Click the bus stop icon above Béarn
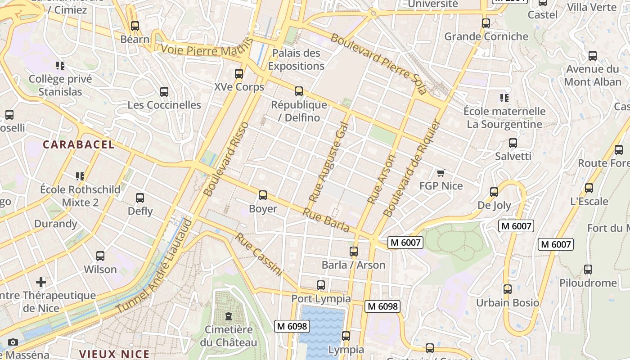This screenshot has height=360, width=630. tap(135, 26)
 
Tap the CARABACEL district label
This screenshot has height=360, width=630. tap(79, 145)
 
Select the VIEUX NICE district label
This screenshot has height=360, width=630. tap(114, 354)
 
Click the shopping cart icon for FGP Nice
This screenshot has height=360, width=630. tap(441, 173)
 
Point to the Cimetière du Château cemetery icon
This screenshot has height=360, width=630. tap(229, 316)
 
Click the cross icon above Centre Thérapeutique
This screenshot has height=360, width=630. tap(41, 282)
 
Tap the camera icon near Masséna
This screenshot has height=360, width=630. tap(13, 342)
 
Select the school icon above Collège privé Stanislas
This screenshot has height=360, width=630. tap(60, 66)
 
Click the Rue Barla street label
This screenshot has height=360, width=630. tap(326, 220)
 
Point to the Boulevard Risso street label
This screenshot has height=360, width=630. tap(226, 159)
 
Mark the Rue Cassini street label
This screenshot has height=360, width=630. tap(259, 254)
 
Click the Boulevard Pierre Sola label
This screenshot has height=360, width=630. tap(378, 63)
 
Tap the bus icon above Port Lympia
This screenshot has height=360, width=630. tap(320, 285)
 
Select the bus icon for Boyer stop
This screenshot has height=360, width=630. tap(263, 196)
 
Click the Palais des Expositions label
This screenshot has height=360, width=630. tap(296, 59)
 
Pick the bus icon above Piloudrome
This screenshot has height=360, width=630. tap(588, 270)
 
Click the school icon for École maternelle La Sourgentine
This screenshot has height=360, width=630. tap(504, 98)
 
